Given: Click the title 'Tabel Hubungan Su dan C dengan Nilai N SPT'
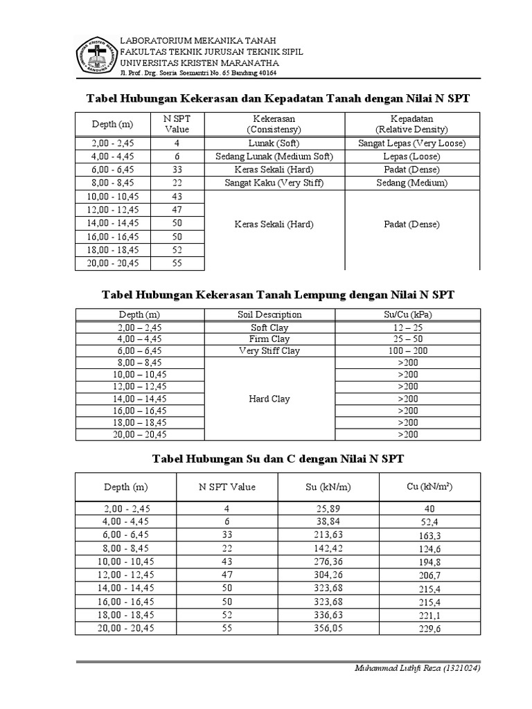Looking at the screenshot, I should coord(278,458).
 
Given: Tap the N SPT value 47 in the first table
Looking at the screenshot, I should coord(177,210).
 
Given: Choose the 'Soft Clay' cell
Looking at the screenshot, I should coord(269,327).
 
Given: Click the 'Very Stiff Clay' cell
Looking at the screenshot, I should coord(269,351).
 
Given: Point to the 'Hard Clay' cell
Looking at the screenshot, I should coord(269,399).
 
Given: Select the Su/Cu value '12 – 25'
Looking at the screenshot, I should coord(407,327).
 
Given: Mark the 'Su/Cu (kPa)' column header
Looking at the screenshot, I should coord(407,314).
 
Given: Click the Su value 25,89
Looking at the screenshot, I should coord(328,509).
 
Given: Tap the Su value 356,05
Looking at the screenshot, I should coord(328,628).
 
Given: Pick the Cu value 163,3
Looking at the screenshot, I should coord(429,536).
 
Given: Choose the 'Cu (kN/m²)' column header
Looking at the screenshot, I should coord(429,487).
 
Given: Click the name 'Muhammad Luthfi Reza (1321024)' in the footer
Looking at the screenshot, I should coord(417,669).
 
